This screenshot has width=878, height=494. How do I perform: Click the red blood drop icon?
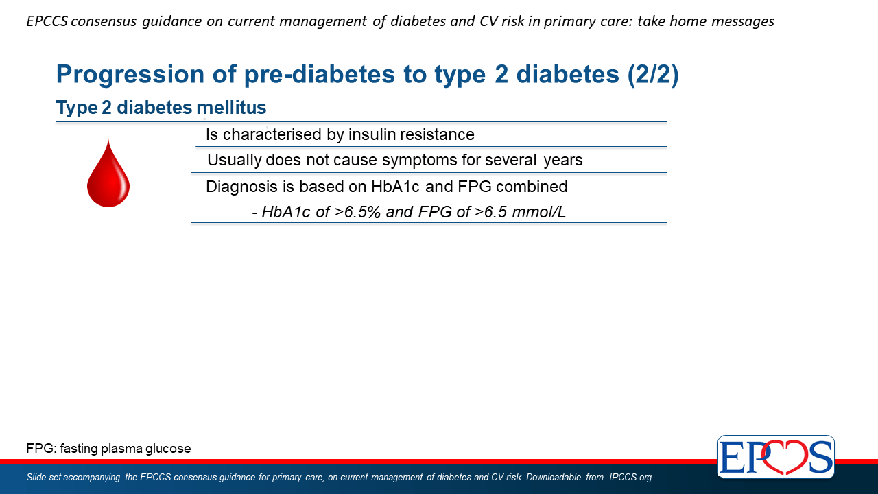point(108,174)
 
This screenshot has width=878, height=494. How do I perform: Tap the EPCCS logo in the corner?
point(776,456)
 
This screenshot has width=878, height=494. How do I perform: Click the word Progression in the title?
point(130,75)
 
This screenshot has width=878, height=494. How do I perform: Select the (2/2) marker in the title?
point(652,74)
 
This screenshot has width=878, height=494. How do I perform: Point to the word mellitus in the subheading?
point(231,108)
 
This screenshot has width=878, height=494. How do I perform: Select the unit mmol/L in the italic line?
point(538,212)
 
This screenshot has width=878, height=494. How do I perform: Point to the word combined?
point(532,187)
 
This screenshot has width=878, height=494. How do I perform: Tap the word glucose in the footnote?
point(168,449)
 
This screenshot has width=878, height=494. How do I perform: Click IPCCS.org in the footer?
point(630,477)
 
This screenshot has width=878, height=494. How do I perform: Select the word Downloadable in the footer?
point(554,477)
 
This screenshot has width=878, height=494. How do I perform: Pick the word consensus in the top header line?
point(104,21)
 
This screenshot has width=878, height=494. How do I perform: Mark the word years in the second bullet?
point(563,161)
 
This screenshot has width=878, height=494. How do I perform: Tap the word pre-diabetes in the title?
point(319,75)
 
